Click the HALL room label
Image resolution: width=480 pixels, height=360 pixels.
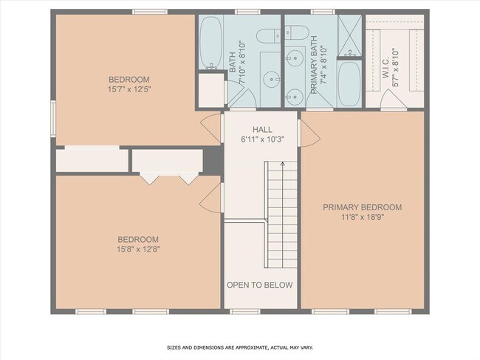tap(262, 128)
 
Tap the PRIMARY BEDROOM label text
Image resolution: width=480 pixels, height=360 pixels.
tap(362, 207)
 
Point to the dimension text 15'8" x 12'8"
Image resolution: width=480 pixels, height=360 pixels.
tap(139, 249)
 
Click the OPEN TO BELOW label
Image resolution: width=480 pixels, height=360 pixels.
tap(259, 285)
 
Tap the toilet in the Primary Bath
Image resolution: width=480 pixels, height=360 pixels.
tap(301, 32)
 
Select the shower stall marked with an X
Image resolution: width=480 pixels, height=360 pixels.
tap(349, 34)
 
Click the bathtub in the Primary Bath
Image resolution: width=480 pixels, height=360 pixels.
tap(349, 83)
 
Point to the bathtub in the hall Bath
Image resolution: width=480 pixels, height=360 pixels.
tap(210, 43)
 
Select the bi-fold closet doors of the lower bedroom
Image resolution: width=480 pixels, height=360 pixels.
tap(169, 179)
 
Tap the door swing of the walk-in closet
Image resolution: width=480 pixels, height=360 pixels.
tap(392, 101)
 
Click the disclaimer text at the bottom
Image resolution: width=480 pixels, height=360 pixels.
tap(239, 347)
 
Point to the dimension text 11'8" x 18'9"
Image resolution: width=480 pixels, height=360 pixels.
tap(362, 217)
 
